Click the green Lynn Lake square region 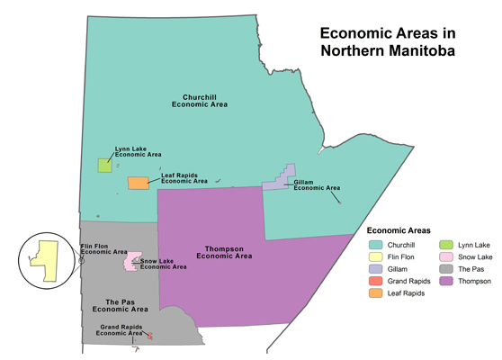click(105, 165)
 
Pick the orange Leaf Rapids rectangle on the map click(138, 184)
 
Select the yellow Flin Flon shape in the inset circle click(45, 258)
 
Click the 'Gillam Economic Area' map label click(317, 185)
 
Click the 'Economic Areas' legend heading click(400, 231)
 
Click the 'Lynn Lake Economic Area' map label click(138, 152)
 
